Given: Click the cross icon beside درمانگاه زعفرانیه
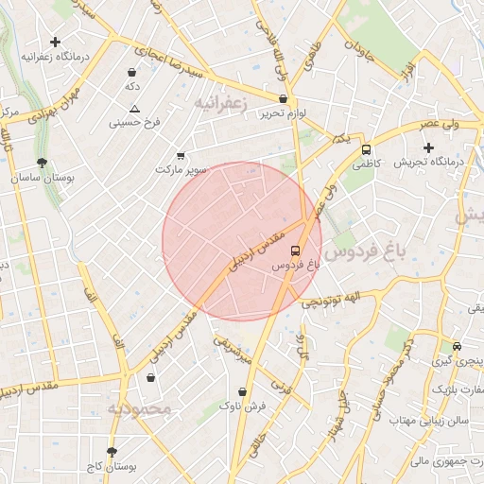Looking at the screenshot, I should (56, 42).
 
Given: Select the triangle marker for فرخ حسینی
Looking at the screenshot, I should (134, 109).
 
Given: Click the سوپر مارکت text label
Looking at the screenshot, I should (181, 170).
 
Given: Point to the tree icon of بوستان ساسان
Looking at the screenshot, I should (42, 163).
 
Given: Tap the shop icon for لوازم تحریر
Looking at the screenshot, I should (283, 99).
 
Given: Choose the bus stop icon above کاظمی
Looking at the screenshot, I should (366, 148).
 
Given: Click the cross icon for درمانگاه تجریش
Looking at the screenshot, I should (429, 147).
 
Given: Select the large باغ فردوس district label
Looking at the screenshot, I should (372, 253).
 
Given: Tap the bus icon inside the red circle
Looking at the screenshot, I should (296, 251).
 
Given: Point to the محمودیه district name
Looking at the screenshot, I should (138, 409).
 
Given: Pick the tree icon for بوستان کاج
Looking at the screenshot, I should (112, 453).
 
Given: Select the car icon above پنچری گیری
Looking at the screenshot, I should (457, 347).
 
